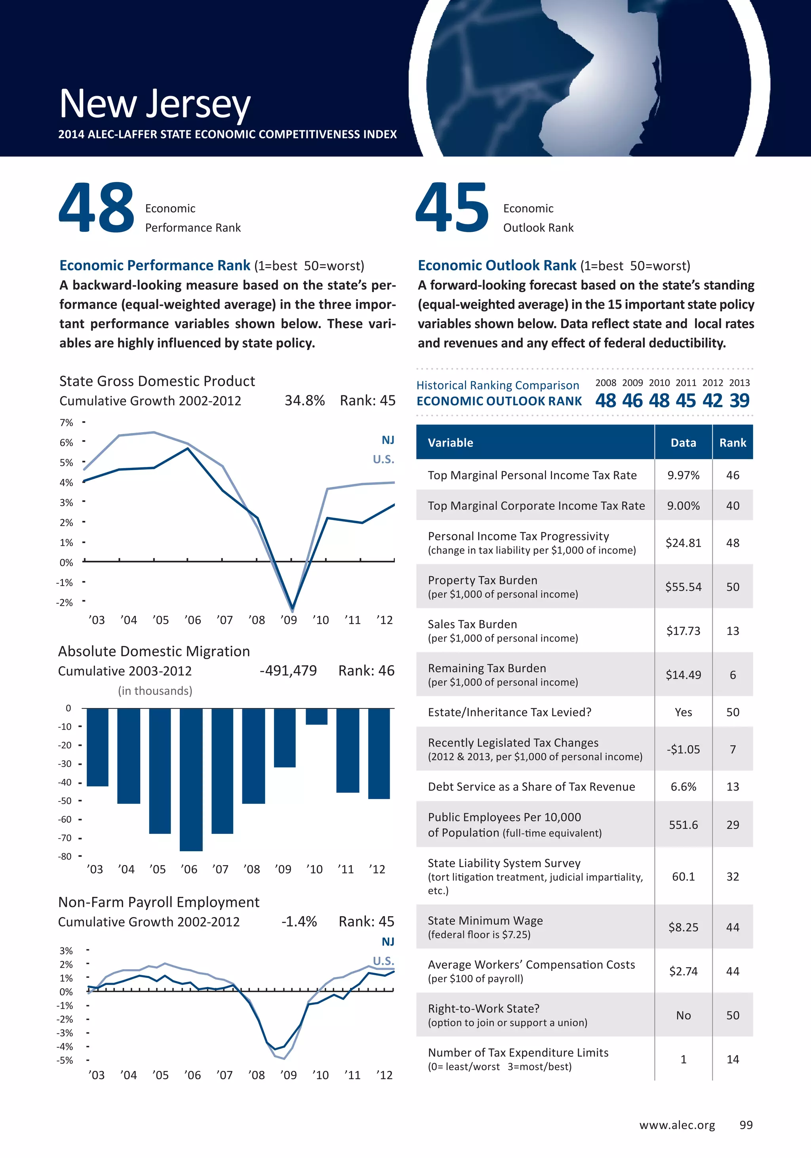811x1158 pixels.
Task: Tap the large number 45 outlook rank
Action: tap(452, 208)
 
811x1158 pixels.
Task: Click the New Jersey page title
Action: tap(155, 103)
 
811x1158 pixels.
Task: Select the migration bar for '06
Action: tap(191, 779)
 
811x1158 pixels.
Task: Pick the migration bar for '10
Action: tap(316, 717)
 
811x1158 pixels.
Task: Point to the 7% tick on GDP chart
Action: tap(66, 423)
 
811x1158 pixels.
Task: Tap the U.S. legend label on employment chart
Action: tap(383, 961)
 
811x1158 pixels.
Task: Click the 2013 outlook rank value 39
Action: tap(739, 401)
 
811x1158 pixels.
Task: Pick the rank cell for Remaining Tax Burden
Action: tap(732, 675)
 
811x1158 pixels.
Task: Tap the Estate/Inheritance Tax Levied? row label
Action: tap(509, 712)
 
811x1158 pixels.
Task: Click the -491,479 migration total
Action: tap(288, 671)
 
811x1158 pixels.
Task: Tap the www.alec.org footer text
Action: tap(677, 1125)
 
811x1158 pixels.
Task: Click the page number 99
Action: tap(746, 1125)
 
